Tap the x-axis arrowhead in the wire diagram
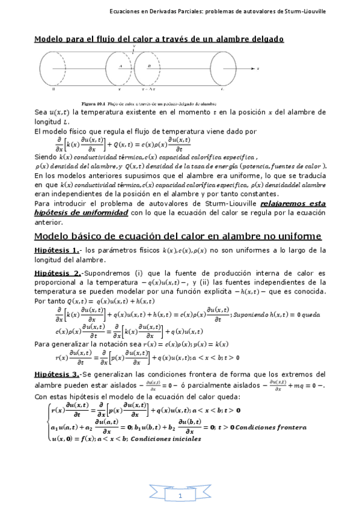tap(253, 69)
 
